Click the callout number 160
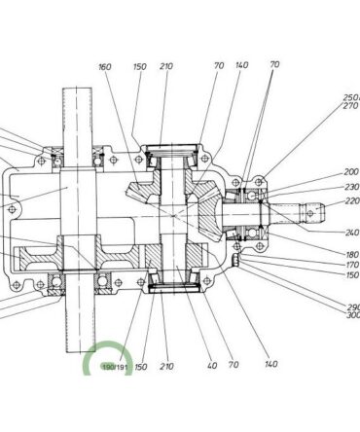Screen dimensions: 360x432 [105, 67]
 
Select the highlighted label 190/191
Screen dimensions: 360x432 [115, 367]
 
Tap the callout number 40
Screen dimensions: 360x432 [212, 365]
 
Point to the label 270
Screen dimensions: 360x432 [351, 105]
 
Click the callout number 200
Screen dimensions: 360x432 [351, 172]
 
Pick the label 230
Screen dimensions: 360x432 [352, 187]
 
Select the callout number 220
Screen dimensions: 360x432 [352, 201]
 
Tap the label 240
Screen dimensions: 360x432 [352, 233]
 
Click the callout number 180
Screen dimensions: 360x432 [352, 255]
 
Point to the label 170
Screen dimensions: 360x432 [352, 265]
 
